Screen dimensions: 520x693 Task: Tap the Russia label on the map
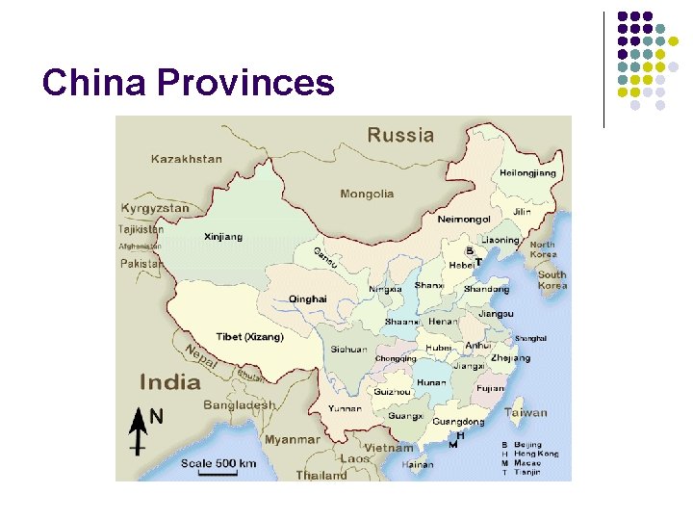coord(400,136)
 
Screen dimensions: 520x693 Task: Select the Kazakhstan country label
coord(186,159)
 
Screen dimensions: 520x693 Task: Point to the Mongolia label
coord(367,194)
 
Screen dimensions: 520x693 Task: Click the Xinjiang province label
coord(223,237)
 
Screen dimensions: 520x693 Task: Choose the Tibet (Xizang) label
coord(249,336)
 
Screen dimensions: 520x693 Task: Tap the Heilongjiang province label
coord(527,173)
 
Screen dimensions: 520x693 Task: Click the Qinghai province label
coord(309,299)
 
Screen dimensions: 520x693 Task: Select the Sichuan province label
coord(348,350)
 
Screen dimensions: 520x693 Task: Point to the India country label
coord(170,381)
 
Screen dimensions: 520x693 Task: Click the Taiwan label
coord(526,412)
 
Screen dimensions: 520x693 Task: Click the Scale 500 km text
coord(218,463)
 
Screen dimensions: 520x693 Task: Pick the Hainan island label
coord(417,465)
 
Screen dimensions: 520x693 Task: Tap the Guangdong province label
coord(457,422)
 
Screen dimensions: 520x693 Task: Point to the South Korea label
coord(552,279)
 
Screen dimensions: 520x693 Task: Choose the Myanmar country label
coord(292,439)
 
